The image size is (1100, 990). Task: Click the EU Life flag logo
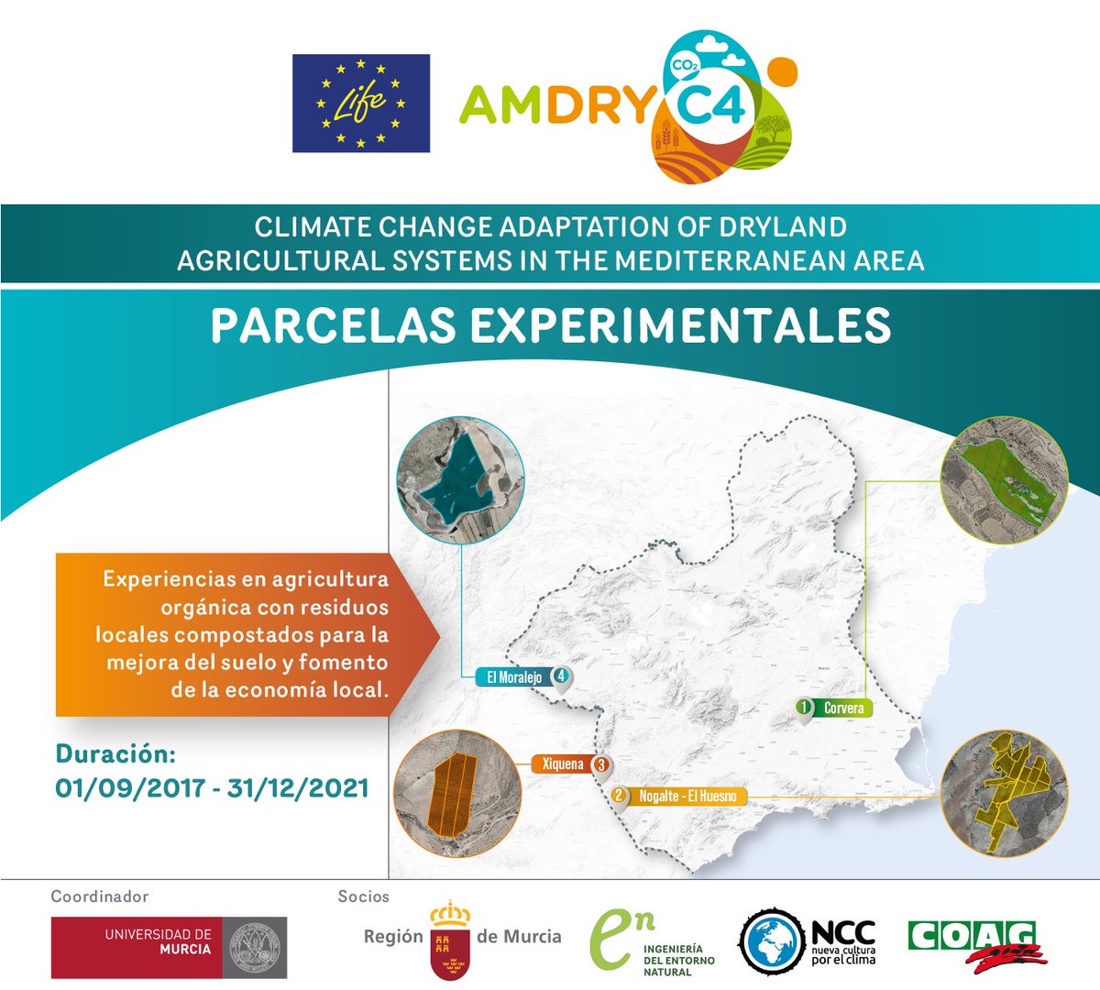tap(360, 103)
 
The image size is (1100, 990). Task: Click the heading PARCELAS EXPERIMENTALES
tap(550, 325)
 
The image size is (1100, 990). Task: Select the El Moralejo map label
tap(513, 677)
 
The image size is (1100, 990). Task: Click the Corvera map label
tap(843, 708)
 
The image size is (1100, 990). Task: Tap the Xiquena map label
tap(562, 764)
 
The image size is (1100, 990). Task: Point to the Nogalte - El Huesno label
tap(687, 796)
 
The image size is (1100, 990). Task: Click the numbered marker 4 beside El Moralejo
tap(561, 676)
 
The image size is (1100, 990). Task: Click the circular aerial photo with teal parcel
tap(460, 480)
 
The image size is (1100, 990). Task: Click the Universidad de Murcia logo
tap(169, 947)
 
